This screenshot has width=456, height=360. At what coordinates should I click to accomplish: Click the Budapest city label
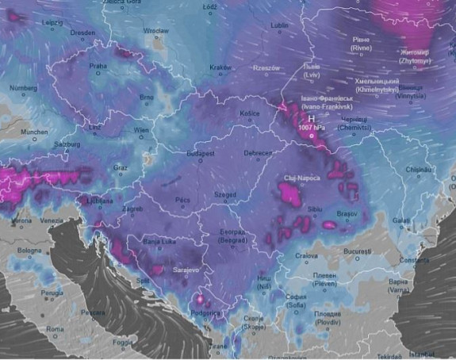(x=201, y=153)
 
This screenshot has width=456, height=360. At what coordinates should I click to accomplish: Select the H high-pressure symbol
(x=312, y=118)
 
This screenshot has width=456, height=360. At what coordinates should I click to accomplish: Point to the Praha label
(x=98, y=67)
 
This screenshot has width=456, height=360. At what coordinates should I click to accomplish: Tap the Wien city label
(x=142, y=129)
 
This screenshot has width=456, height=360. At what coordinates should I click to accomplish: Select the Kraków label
(x=220, y=67)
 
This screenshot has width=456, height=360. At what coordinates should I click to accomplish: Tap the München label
(x=34, y=132)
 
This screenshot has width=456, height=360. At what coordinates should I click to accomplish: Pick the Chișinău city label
(x=417, y=170)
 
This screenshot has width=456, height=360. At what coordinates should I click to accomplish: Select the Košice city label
(x=250, y=113)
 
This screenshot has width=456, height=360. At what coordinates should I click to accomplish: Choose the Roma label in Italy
(x=56, y=328)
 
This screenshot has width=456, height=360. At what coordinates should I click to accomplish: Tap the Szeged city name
(x=225, y=194)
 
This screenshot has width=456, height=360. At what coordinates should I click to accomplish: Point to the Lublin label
(x=280, y=25)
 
